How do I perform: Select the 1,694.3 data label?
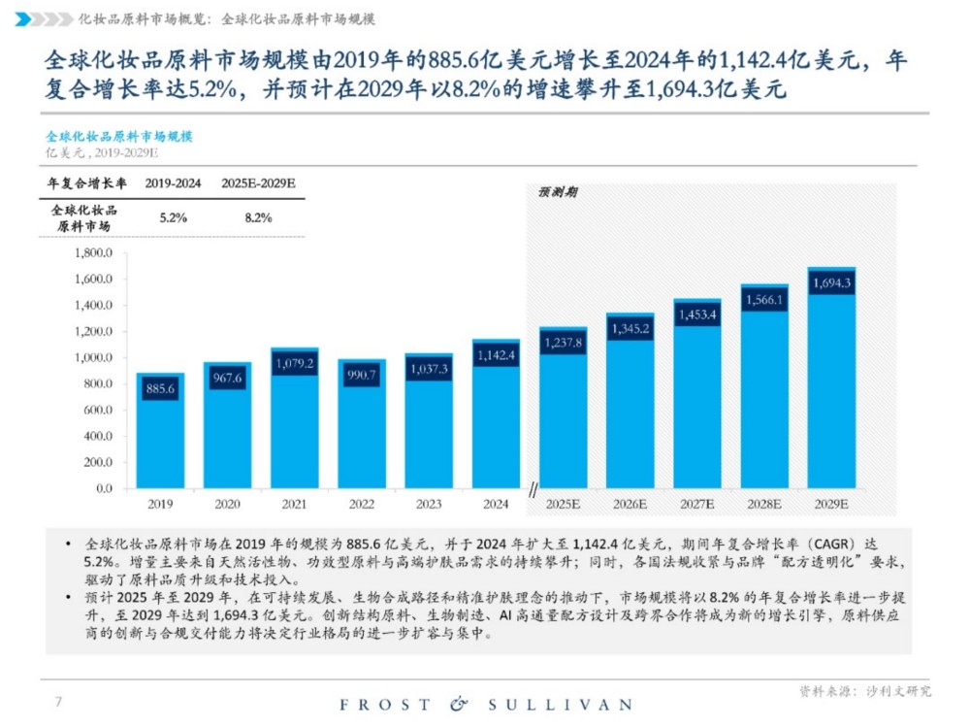(x=831, y=283)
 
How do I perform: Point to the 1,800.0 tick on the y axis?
(x=95, y=253)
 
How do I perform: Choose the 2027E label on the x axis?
(x=696, y=505)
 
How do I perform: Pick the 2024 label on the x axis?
(x=495, y=505)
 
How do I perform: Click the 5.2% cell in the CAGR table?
(x=173, y=217)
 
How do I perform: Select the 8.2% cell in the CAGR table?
(x=258, y=217)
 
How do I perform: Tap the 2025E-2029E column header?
(x=258, y=183)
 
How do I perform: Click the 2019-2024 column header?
(x=173, y=183)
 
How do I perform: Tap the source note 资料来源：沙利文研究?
(x=864, y=691)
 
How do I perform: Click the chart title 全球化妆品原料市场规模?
(x=119, y=137)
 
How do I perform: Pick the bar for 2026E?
(x=630, y=408)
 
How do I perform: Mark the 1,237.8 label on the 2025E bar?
(x=563, y=343)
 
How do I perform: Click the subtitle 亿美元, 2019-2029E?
(x=102, y=153)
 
